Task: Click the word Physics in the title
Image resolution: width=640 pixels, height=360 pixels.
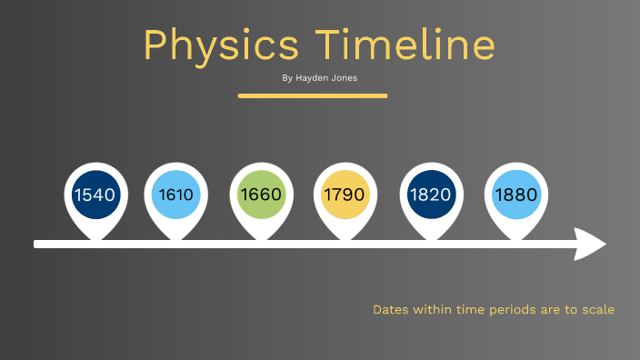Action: (x=221, y=45)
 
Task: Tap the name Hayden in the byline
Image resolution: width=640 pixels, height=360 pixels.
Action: (x=314, y=78)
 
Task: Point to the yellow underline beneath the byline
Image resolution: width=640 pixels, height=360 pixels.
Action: (x=313, y=95)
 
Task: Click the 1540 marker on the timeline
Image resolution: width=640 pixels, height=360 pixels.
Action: (x=95, y=195)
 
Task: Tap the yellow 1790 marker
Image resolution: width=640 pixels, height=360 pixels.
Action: (x=344, y=195)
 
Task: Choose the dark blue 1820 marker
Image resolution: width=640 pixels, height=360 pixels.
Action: (x=430, y=195)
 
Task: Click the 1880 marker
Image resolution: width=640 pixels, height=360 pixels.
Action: (x=515, y=195)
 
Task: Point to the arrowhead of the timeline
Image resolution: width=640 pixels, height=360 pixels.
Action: (x=592, y=244)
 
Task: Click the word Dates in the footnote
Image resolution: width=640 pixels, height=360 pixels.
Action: (x=390, y=310)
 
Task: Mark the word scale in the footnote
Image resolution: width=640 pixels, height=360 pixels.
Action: (x=597, y=310)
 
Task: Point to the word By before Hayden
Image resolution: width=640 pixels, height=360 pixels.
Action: (x=287, y=78)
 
